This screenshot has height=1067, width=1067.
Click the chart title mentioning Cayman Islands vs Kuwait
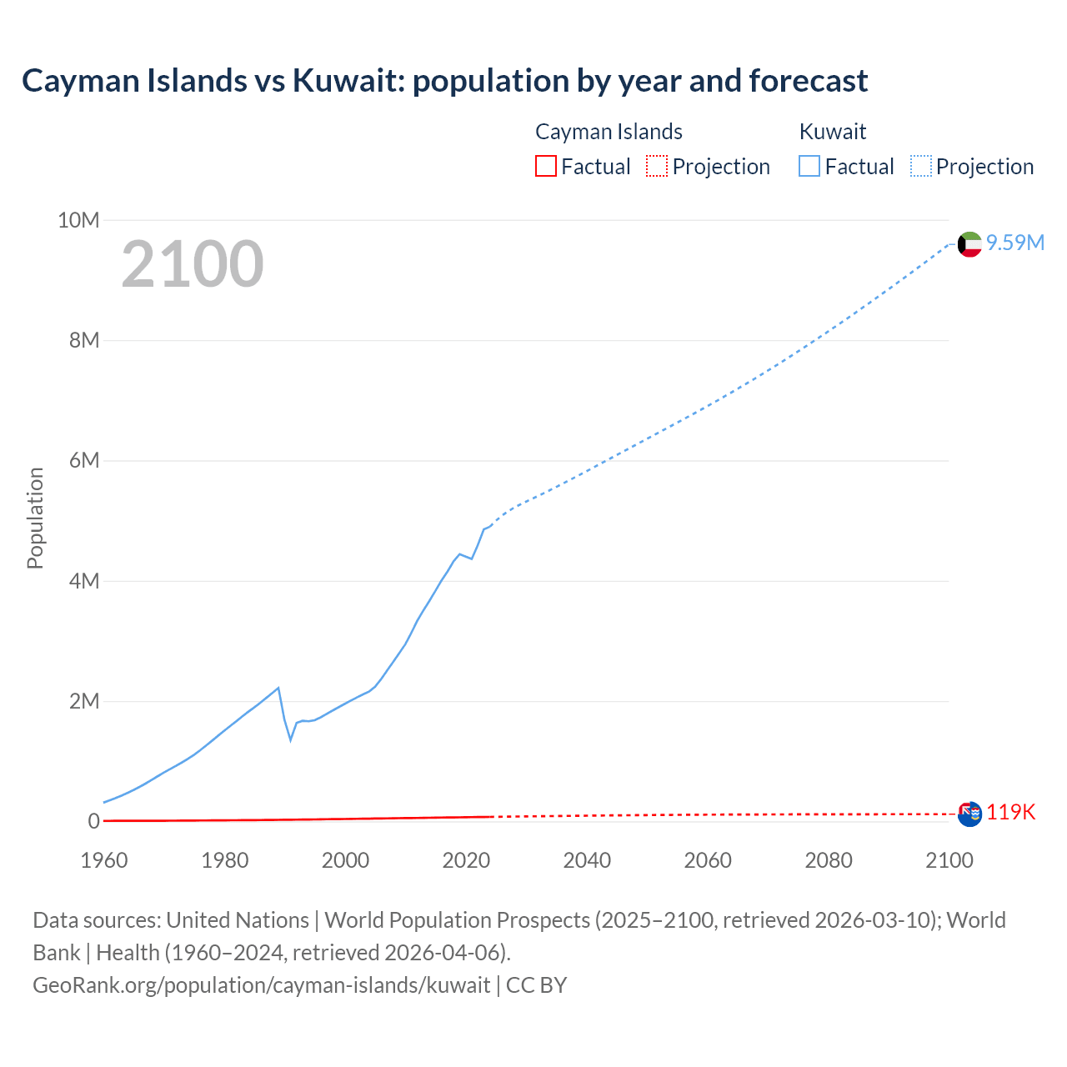(x=444, y=81)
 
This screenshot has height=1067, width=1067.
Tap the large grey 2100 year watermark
(x=193, y=264)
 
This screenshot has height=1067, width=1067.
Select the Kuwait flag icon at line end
(x=969, y=244)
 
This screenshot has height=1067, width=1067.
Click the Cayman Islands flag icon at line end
(x=969, y=814)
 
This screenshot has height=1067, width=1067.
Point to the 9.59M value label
(x=1015, y=243)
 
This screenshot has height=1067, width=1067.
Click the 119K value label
(x=1011, y=813)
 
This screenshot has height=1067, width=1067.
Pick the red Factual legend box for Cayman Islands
(x=546, y=167)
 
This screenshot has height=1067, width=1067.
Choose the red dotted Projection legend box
(x=657, y=167)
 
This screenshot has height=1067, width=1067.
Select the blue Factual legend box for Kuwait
(x=809, y=167)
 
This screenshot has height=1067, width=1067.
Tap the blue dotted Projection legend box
(x=921, y=167)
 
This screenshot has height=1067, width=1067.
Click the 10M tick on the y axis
(x=78, y=220)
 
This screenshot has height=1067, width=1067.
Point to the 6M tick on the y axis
(x=84, y=461)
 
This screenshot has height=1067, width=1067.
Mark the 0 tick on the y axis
(x=94, y=821)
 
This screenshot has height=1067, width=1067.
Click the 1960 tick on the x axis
(x=104, y=860)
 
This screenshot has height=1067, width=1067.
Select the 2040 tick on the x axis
(x=587, y=860)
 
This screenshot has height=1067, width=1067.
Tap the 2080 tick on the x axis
(x=829, y=860)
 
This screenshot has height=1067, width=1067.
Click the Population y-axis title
(x=35, y=518)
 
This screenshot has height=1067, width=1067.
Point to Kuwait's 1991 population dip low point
(x=291, y=739)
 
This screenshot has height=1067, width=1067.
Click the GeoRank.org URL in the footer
(x=261, y=985)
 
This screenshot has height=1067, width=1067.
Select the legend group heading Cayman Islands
(x=609, y=132)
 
